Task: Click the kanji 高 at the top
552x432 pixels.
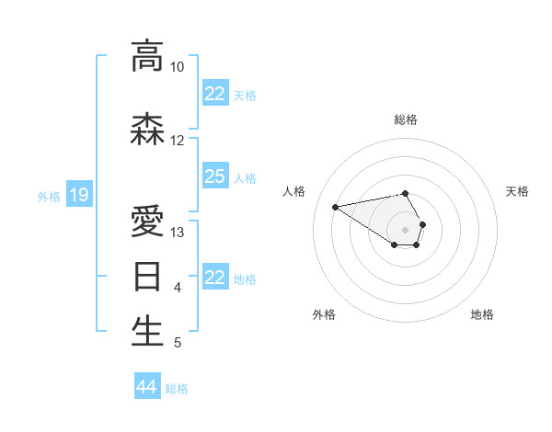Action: pos(148,56)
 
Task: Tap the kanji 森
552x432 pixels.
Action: pos(148,130)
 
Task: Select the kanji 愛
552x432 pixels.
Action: pos(148,222)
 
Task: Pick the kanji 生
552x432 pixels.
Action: pos(148,332)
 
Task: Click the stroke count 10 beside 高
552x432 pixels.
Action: pos(177,67)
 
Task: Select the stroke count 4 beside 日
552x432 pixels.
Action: pos(178,288)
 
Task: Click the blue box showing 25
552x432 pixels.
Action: pos(215,176)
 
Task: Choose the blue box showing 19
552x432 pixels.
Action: pos(78,195)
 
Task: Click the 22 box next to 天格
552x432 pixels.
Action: pos(215,94)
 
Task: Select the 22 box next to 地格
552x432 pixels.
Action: pos(215,278)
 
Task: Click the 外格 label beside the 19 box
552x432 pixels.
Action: pos(49,196)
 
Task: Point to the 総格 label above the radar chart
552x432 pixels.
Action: pos(406,119)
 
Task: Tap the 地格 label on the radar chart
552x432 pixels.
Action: pos(482,314)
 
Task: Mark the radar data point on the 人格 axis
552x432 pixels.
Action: pos(335,206)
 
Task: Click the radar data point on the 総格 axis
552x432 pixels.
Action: pos(406,194)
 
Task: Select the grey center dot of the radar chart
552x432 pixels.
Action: pos(406,229)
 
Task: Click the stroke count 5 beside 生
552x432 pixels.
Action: pos(178,343)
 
